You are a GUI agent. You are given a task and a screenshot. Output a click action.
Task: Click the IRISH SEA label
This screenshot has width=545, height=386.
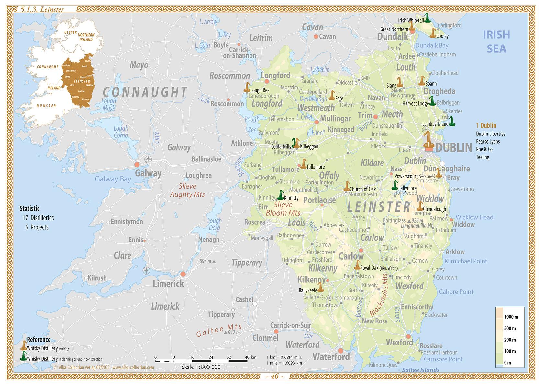click(x=496, y=41)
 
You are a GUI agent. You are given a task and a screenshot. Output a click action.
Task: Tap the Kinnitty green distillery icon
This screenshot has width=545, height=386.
click(x=280, y=195)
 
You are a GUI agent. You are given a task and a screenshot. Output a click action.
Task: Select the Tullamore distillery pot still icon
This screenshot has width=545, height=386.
click(x=303, y=164)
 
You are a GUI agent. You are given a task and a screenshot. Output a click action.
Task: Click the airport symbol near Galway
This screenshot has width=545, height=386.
click(x=148, y=159)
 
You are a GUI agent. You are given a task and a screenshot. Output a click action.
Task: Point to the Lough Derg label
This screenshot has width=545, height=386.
click(x=214, y=224)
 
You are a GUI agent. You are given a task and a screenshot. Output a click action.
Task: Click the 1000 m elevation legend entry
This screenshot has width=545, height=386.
click(x=511, y=317)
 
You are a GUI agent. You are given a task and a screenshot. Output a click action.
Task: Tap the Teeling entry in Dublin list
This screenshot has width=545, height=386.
click(x=482, y=157)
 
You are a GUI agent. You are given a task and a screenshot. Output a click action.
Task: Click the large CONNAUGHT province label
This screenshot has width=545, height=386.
click(x=145, y=92)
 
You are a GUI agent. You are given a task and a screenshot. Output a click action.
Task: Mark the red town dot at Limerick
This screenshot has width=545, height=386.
click(x=183, y=274)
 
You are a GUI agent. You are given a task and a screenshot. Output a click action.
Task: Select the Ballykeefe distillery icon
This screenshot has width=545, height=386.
click(x=320, y=287)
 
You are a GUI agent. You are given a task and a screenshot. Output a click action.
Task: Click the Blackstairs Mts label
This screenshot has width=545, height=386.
click(x=378, y=295)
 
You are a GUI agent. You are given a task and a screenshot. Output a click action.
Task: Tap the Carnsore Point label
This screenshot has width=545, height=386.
click(x=443, y=359)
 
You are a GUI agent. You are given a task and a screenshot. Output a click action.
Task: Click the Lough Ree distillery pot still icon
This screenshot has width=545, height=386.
click(x=247, y=88)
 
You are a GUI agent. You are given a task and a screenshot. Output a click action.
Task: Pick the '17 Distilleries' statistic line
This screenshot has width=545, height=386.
click(x=38, y=218)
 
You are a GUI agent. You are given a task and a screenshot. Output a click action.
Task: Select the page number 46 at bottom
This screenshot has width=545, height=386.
click(x=274, y=376)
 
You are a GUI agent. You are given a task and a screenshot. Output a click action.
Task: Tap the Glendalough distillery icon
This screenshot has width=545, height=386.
click(x=420, y=206)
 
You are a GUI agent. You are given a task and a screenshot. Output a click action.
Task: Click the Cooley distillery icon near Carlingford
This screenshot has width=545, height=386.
click(x=433, y=33)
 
